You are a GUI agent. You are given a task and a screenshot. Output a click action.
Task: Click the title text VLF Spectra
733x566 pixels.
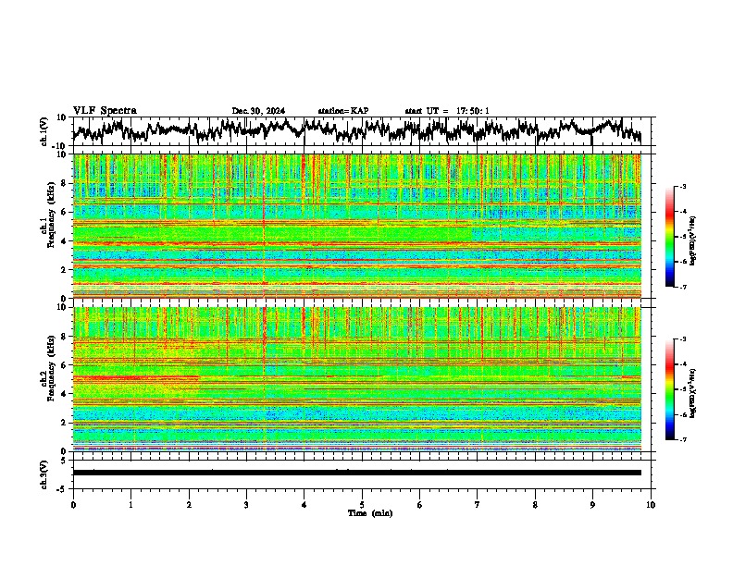(105, 111)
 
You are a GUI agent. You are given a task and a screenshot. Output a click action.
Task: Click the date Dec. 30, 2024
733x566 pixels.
(258, 111)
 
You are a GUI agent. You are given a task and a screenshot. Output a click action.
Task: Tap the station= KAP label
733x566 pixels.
(342, 111)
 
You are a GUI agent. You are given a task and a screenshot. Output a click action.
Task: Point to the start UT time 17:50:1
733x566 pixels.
(471, 111)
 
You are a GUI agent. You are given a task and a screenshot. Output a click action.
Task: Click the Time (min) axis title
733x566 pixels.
(369, 513)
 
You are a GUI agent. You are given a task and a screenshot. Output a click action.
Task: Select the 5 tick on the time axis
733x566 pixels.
(362, 505)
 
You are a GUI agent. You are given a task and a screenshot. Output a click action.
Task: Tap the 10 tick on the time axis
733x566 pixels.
(651, 505)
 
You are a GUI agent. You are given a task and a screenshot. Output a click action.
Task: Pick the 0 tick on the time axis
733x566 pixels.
(73, 505)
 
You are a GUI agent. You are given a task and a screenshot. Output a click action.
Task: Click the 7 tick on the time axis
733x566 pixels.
(478, 505)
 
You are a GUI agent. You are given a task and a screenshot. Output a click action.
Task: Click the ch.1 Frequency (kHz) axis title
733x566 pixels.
(49, 227)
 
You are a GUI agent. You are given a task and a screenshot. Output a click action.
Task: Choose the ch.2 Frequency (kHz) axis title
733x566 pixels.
(49, 378)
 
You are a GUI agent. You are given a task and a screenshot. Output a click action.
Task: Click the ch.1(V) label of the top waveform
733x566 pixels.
(43, 131)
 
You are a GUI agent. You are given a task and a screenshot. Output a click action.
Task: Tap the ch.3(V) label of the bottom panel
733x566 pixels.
(43, 472)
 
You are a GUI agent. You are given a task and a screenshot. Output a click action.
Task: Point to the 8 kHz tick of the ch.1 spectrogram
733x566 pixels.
(65, 183)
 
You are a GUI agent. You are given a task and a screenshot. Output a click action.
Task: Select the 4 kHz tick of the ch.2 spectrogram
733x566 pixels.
(65, 393)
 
